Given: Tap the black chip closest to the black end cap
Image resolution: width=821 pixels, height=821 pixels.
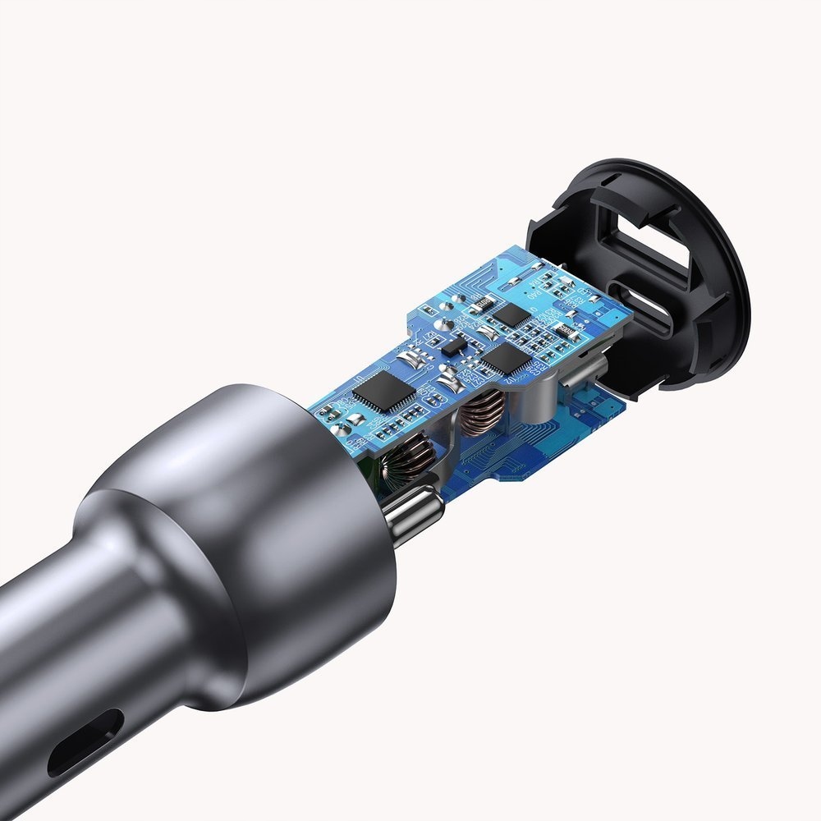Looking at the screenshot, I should pyautogui.click(x=516, y=314).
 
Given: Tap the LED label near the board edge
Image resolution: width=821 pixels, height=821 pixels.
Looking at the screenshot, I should pyautogui.click(x=359, y=380).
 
